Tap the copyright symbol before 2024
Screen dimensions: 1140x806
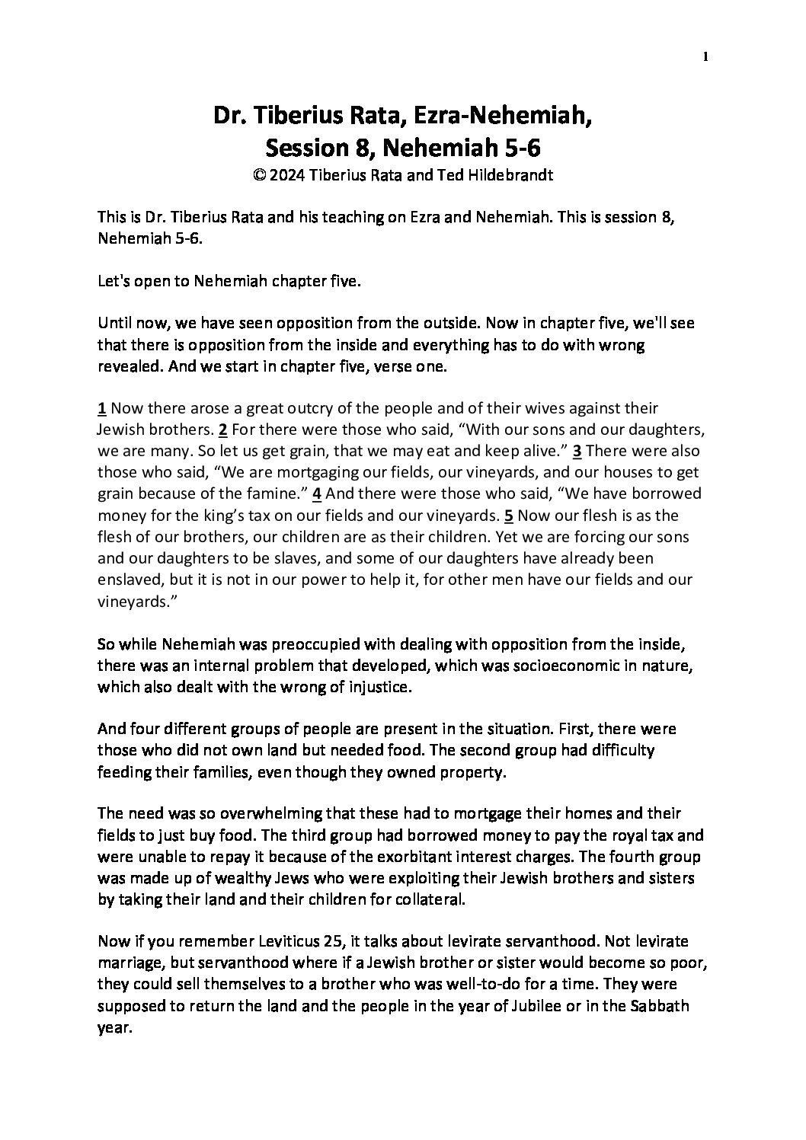click(257, 174)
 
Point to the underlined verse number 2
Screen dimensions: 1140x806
click(223, 429)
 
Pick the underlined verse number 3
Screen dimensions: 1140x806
click(577, 450)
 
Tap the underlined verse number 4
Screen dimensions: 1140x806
click(318, 493)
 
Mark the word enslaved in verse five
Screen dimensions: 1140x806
click(127, 578)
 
